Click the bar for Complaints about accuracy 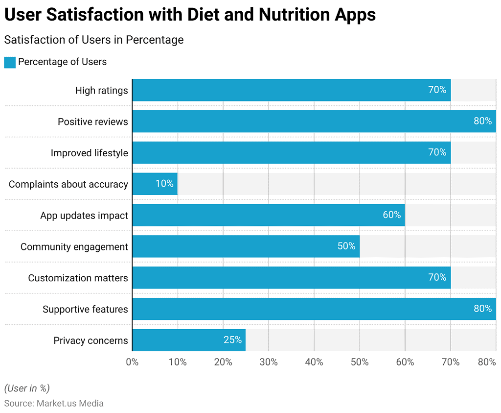tap(155, 184)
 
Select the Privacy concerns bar tap(188, 340)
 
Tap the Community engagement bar tap(246, 246)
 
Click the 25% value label tap(232, 340)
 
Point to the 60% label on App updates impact tap(391, 215)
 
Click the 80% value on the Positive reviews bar tap(482, 121)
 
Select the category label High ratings tap(101, 90)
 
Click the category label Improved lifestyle tap(89, 153)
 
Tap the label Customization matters tap(78, 278)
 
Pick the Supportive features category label tap(85, 309)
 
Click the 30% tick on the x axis tap(269, 362)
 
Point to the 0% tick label tap(132, 362)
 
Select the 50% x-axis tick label tap(360, 362)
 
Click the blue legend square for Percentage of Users tap(10, 62)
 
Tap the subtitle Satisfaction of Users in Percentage tap(94, 40)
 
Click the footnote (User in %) tap(27, 389)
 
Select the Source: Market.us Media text tap(54, 404)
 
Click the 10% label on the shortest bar tap(164, 184)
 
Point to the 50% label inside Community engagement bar tap(346, 246)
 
